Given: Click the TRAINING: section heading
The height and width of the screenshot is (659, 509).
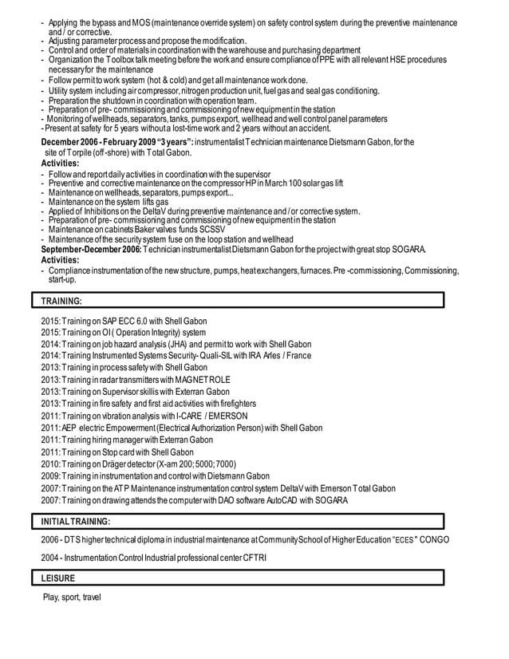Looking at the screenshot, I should click(61, 301).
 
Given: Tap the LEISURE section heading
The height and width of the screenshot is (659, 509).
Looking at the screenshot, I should click(59, 578).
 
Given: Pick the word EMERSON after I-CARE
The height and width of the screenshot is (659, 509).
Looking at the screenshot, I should click(227, 416).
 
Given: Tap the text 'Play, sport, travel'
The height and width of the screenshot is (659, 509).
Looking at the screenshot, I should click(72, 598).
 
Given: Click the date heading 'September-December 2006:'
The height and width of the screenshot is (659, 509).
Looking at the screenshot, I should click(90, 249).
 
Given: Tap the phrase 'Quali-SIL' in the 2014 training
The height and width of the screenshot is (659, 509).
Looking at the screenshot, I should click(223, 356).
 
